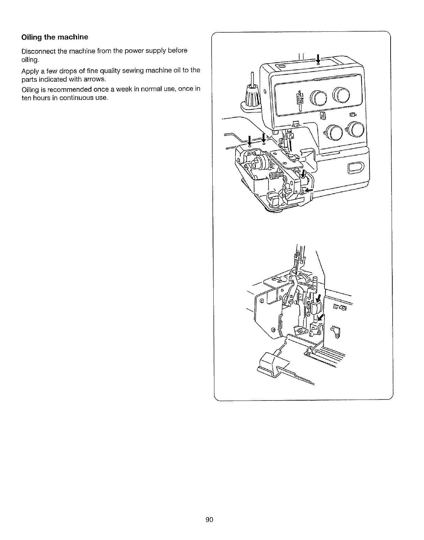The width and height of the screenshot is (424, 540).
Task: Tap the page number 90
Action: coord(209,520)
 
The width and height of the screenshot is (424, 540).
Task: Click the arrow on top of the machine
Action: coord(318,58)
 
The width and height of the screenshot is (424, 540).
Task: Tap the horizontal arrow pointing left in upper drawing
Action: coord(309,190)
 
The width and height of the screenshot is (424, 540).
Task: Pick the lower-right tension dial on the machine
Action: coord(355,129)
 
